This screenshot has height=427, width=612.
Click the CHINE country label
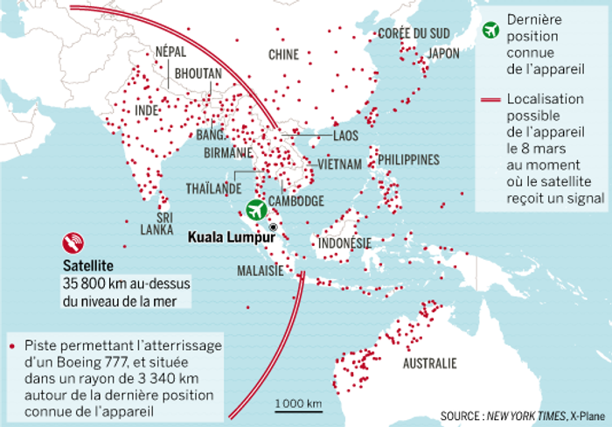tap(283, 54)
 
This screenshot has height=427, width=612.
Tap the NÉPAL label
tap(170, 52)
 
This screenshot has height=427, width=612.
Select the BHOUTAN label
tap(198, 74)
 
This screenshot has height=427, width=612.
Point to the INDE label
tap(148, 111)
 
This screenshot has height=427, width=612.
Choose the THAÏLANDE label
tap(213, 188)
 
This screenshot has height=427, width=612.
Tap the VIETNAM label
tap(340, 164)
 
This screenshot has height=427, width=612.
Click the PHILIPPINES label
tap(408, 160)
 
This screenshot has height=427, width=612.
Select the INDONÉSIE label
tap(345, 242)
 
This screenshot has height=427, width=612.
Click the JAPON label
tap(443, 53)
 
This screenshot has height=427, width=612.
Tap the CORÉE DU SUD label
tap(414, 33)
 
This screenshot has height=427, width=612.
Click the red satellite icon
tap(73, 241)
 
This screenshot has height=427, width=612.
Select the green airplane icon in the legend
tap(491, 27)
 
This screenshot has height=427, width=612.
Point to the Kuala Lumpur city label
tap(226, 234)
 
